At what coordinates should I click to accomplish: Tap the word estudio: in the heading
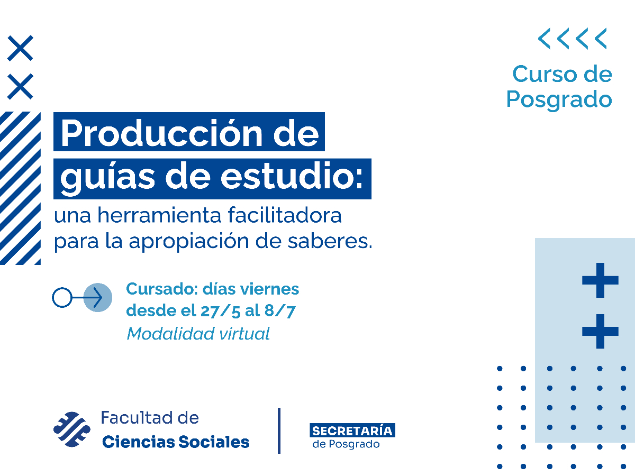tap(292, 178)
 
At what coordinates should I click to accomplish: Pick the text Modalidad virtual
tap(198, 334)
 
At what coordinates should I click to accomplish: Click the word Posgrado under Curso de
tap(559, 99)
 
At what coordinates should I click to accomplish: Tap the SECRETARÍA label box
tap(352, 431)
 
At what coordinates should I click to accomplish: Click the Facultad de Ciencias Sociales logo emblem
tap(72, 429)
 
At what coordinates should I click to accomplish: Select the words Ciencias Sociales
tap(175, 442)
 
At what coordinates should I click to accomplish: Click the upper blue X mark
tap(20, 48)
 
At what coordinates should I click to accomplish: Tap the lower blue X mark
tap(20, 87)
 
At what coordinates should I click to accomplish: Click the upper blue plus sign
tap(600, 280)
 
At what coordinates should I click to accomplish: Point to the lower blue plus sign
tap(600, 331)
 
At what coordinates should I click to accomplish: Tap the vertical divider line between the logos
tap(279, 431)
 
